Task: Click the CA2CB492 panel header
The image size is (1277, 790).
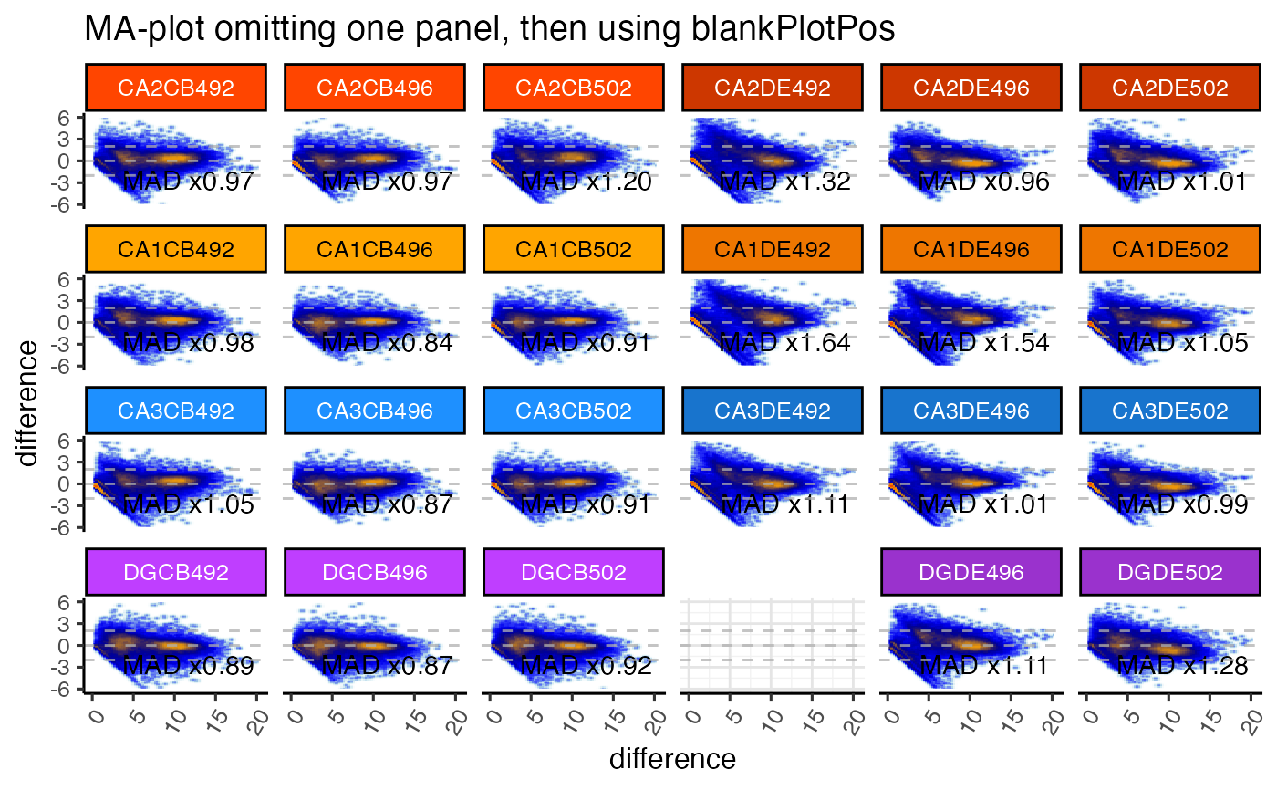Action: tap(176, 88)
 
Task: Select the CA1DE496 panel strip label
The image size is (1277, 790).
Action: tap(971, 249)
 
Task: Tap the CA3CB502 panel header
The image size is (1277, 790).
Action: tap(574, 411)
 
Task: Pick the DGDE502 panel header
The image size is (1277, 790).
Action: tap(1171, 572)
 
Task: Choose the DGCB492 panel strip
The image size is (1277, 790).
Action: tap(176, 572)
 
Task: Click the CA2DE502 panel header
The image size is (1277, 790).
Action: tap(1171, 88)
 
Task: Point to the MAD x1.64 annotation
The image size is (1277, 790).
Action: tap(785, 344)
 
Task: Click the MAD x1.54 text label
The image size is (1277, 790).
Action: tap(984, 344)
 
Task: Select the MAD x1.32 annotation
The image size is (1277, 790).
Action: tap(785, 182)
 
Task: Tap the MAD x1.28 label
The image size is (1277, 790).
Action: tap(1183, 666)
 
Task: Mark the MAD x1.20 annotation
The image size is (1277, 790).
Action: tap(587, 182)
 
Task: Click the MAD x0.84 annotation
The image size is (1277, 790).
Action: tap(388, 344)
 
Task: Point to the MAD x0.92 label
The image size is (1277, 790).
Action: tap(587, 666)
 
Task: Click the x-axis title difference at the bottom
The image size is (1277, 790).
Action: tap(672, 758)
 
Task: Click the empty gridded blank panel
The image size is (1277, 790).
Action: tap(773, 645)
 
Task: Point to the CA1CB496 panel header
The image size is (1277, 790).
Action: tap(375, 249)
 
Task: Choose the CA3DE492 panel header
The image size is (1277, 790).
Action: tap(773, 411)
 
